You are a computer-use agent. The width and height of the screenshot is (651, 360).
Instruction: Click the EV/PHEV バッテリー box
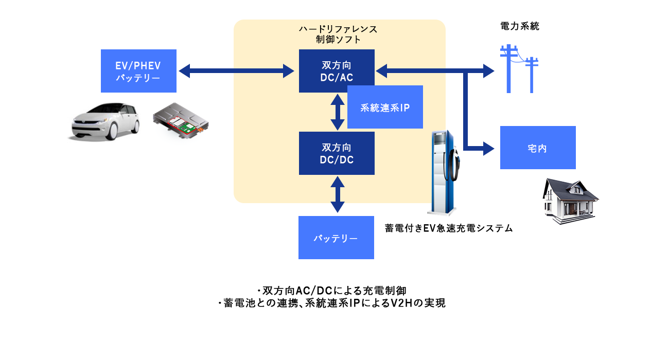pyautogui.click(x=138, y=71)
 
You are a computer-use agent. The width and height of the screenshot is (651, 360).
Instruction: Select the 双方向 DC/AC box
pyautogui.click(x=337, y=71)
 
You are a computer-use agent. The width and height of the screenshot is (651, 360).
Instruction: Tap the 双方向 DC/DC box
pyautogui.click(x=337, y=153)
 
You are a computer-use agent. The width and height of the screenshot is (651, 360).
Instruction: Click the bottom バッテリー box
pyautogui.click(x=336, y=238)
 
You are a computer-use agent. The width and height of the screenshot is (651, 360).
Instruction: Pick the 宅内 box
pyautogui.click(x=537, y=148)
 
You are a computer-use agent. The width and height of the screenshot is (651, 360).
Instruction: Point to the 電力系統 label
pyautogui.click(x=520, y=26)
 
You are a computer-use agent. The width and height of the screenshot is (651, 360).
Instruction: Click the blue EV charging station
pyautogui.click(x=444, y=172)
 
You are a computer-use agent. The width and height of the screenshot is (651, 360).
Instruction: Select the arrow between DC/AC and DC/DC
pyautogui.click(x=337, y=112)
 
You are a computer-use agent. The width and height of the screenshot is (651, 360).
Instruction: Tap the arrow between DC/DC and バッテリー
pyautogui.click(x=337, y=194)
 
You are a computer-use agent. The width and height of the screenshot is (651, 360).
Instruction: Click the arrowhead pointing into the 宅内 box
pyautogui.click(x=487, y=149)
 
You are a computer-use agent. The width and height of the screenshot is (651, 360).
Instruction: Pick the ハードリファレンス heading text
pyautogui.click(x=338, y=29)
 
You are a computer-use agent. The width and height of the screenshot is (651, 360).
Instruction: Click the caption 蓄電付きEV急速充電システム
pyautogui.click(x=449, y=228)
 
